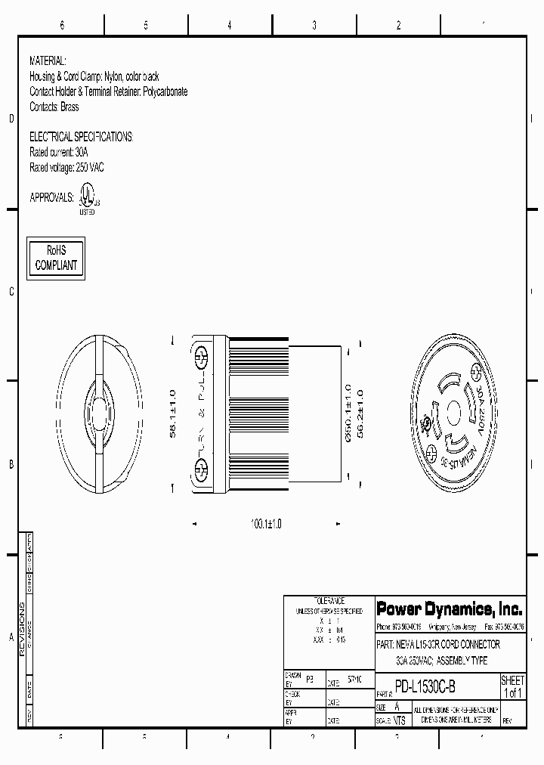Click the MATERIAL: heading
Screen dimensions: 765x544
pos(48,60)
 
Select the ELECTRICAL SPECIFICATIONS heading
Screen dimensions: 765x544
pos(81,137)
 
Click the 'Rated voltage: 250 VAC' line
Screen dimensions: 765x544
pos(66,167)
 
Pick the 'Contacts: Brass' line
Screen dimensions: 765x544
pos(54,107)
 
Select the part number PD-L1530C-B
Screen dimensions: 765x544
pos(425,689)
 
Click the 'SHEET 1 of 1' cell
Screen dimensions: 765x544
pos(512,687)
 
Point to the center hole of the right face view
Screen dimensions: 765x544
pos(454,414)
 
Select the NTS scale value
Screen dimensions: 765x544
pos(399,720)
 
